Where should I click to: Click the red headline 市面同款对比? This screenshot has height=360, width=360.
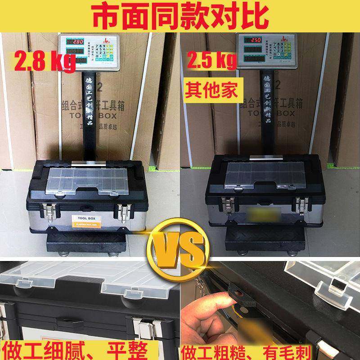[x=180, y=16]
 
